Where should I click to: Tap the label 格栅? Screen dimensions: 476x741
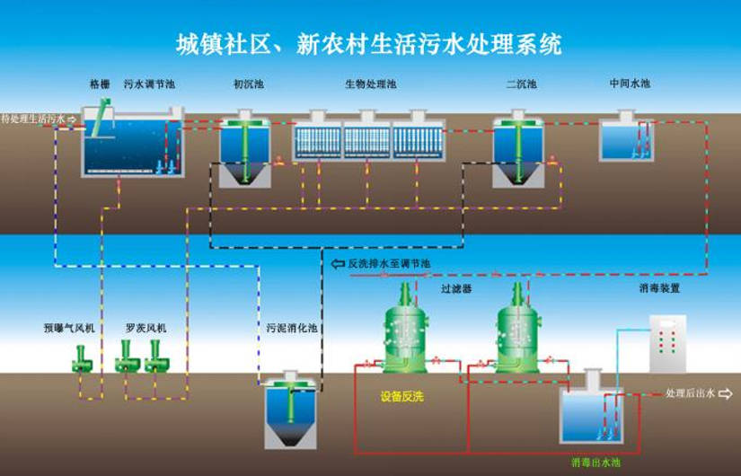click(x=100, y=84)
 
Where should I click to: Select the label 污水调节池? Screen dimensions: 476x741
click(x=148, y=84)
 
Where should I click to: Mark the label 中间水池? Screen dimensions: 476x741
click(x=629, y=84)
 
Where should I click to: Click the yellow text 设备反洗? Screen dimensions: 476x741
click(x=401, y=395)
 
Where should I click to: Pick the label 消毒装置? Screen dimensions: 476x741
click(x=659, y=289)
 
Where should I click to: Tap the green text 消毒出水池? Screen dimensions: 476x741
click(x=595, y=463)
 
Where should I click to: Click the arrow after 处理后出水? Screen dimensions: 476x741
click(x=725, y=393)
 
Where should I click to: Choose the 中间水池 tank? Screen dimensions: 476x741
click(x=628, y=137)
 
